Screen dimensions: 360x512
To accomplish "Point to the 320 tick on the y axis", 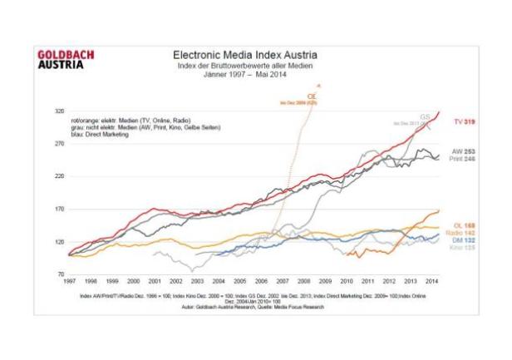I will tap(59, 111).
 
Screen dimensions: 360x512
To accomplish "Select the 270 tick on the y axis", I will tap(59, 143).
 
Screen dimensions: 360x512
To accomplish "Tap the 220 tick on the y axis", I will tap(59, 176).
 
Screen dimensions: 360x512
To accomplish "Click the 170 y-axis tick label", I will tap(59, 209).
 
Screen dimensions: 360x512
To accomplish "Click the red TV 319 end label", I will tap(463, 121).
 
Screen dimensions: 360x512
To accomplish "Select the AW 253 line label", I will tap(463, 150).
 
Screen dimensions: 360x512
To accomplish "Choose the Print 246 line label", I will tap(462, 158).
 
